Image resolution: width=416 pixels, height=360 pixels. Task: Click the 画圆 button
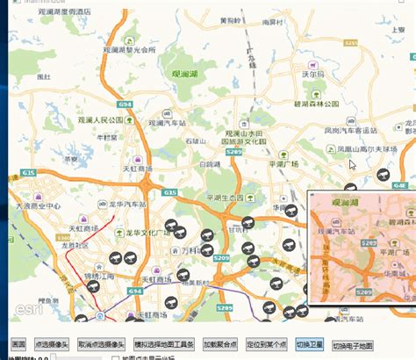(18, 345)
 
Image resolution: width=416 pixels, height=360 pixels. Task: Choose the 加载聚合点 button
(219, 345)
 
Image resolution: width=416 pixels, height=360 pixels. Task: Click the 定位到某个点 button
(267, 345)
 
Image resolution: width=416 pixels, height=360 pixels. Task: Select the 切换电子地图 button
(354, 345)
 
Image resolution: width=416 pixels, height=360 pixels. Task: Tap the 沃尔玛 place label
(313, 76)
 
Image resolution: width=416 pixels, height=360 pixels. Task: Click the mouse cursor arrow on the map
(352, 163)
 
